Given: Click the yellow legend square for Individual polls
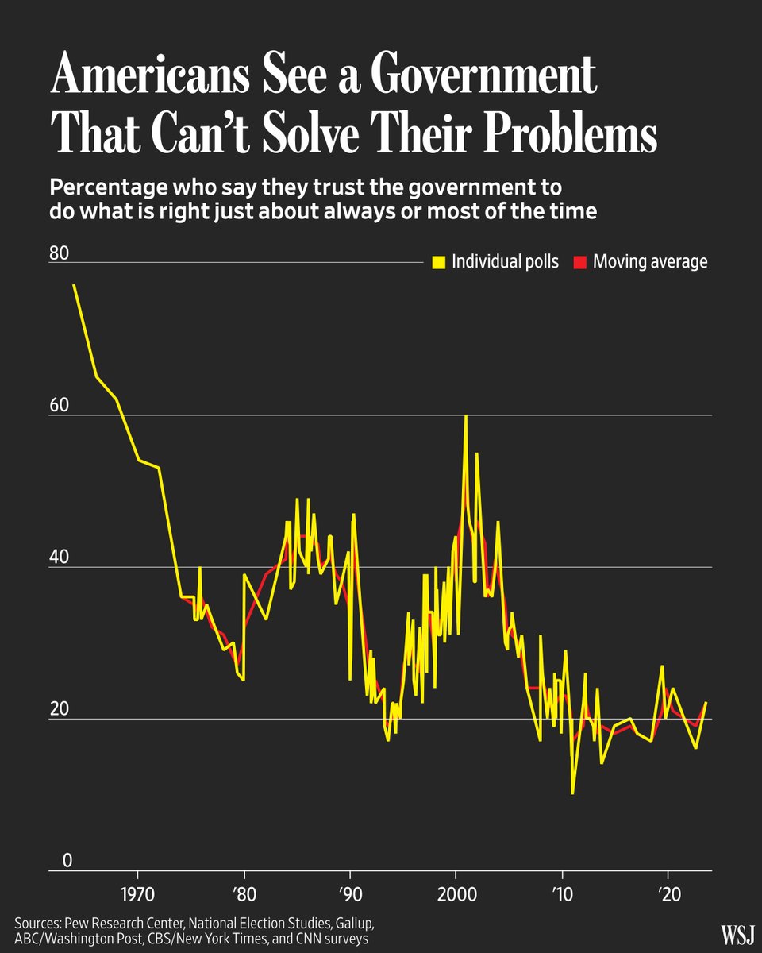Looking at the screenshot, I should tap(437, 262).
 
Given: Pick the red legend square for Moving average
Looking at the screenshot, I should tap(579, 262).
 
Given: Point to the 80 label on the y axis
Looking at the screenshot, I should tap(60, 254).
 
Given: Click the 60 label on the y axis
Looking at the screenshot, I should tap(60, 407).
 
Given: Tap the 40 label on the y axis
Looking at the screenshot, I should tap(60, 558).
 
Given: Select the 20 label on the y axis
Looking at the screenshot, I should tap(60, 710).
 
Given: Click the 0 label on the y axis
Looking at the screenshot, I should tap(56, 862).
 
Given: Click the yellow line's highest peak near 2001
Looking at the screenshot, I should tap(466, 416).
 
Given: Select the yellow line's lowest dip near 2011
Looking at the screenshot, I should tap(572, 793).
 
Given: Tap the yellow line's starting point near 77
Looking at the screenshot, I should tap(74, 285).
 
